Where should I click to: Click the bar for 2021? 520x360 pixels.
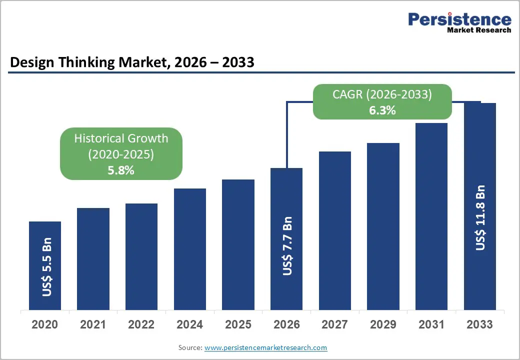(x=93, y=258)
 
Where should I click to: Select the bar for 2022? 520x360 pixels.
(x=141, y=256)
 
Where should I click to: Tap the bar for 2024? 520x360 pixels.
(x=190, y=249)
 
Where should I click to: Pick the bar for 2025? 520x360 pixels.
(x=238, y=244)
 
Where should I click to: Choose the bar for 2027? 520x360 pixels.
(x=334, y=230)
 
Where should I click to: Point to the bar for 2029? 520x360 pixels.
(x=383, y=226)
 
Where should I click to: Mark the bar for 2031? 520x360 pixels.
(x=431, y=216)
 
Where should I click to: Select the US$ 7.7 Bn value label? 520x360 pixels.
(x=287, y=245)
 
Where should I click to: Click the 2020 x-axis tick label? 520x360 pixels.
(x=45, y=324)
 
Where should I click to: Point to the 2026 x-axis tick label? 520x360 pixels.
(x=286, y=324)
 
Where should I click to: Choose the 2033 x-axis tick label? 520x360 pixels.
(x=480, y=324)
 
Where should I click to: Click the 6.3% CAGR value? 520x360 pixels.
(x=382, y=111)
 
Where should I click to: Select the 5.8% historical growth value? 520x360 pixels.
(x=121, y=170)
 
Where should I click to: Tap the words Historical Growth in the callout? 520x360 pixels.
(x=121, y=138)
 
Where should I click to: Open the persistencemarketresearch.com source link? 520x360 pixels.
(x=265, y=347)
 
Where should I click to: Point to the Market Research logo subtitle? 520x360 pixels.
(x=479, y=30)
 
